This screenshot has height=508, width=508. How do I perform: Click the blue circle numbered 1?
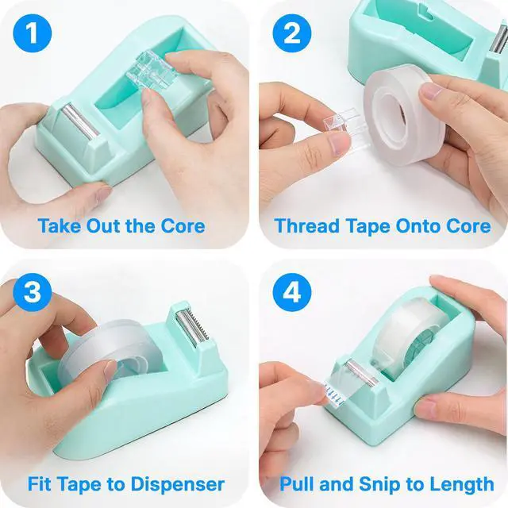(x=33, y=33)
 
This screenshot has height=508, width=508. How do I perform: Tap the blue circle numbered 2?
(x=292, y=33)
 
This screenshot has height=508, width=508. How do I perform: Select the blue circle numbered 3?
(x=33, y=292)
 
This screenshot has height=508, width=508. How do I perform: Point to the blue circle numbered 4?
(x=292, y=292)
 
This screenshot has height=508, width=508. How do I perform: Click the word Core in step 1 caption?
(x=183, y=225)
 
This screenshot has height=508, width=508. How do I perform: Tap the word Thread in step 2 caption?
(x=307, y=225)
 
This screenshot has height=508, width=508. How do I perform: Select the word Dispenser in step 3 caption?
(x=178, y=485)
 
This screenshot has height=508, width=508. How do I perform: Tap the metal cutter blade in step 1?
(x=80, y=121)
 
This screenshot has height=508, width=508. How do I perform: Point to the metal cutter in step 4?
(x=361, y=373)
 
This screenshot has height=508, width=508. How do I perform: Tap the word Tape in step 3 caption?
(x=78, y=485)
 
